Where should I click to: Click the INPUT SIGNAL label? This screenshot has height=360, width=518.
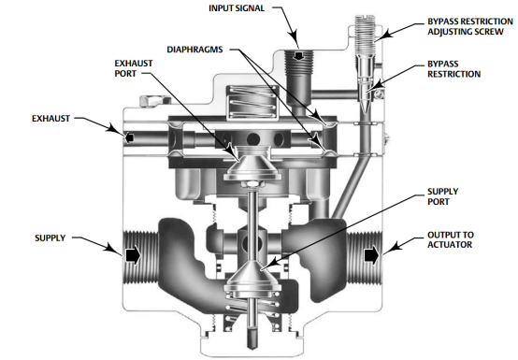[237, 8]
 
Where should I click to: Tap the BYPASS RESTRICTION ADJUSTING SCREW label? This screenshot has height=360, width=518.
[470, 26]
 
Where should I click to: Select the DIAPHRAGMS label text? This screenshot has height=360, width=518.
[194, 50]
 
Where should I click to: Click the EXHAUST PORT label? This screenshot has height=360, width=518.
[134, 68]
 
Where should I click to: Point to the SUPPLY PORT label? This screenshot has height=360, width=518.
[442, 196]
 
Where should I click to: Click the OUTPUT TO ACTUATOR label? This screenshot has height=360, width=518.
[451, 239]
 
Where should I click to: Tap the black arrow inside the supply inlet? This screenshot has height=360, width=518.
[133, 255]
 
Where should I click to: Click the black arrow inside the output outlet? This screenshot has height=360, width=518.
[371, 255]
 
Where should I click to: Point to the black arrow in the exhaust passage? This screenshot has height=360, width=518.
[129, 137]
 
